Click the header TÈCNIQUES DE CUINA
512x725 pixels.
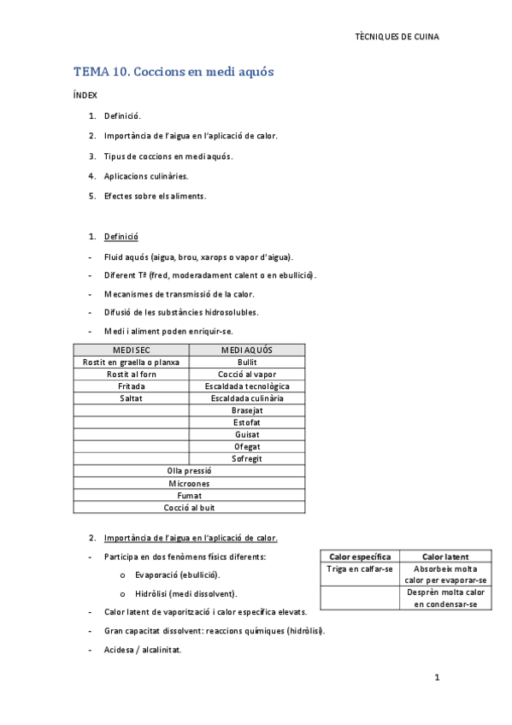click(402, 37)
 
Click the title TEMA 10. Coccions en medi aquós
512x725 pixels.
click(174, 72)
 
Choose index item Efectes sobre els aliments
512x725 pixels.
click(155, 196)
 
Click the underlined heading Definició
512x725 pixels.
click(121, 237)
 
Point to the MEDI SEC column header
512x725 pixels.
click(131, 351)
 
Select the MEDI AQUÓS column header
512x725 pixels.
click(246, 351)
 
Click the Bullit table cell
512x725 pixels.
click(246, 362)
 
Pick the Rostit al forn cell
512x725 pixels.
click(131, 374)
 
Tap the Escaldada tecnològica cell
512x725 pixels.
click(246, 386)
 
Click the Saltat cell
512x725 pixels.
click(131, 398)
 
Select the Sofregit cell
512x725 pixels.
click(246, 458)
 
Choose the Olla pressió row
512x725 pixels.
click(189, 471)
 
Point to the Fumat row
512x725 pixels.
click(189, 495)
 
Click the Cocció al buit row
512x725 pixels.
click(189, 507)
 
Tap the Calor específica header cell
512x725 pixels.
click(360, 557)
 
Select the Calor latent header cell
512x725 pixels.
click(445, 557)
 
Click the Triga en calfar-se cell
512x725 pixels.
click(360, 569)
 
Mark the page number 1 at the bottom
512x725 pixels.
click(436, 678)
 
